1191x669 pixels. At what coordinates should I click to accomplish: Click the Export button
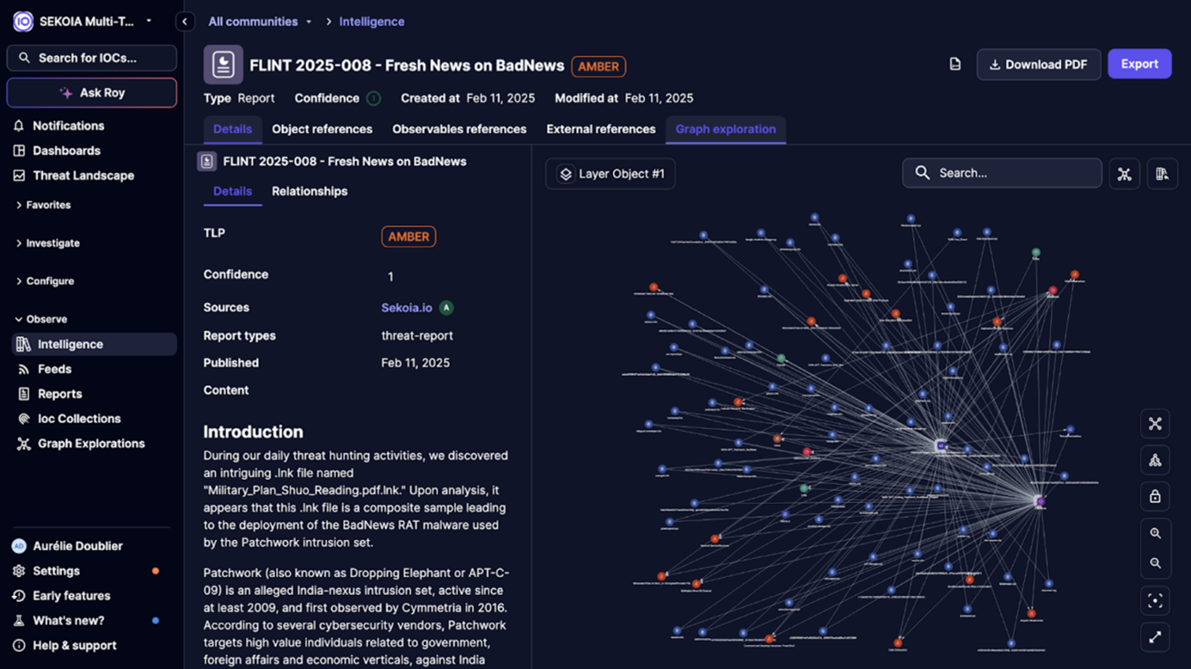(1139, 64)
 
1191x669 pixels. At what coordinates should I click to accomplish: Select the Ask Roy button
(92, 93)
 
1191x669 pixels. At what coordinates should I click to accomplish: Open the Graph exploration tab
(725, 129)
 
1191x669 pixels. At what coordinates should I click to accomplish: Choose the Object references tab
(322, 129)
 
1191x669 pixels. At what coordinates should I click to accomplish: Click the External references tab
(600, 129)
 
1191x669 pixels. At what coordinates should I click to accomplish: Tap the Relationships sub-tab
(310, 191)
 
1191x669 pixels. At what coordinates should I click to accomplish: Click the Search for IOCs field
(92, 58)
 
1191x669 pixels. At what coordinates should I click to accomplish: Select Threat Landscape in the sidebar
(83, 175)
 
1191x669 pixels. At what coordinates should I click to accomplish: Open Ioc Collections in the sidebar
(79, 419)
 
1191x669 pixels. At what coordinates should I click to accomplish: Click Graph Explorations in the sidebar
(91, 444)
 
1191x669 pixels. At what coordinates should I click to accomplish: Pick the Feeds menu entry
(54, 369)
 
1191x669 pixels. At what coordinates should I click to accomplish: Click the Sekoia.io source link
(407, 308)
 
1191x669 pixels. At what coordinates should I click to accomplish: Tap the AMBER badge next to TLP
(408, 236)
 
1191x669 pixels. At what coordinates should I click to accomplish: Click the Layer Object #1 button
(611, 174)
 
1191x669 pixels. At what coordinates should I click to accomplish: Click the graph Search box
(1002, 173)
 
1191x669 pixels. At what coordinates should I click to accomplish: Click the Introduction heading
(253, 432)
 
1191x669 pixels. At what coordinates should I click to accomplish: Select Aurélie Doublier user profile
(77, 546)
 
